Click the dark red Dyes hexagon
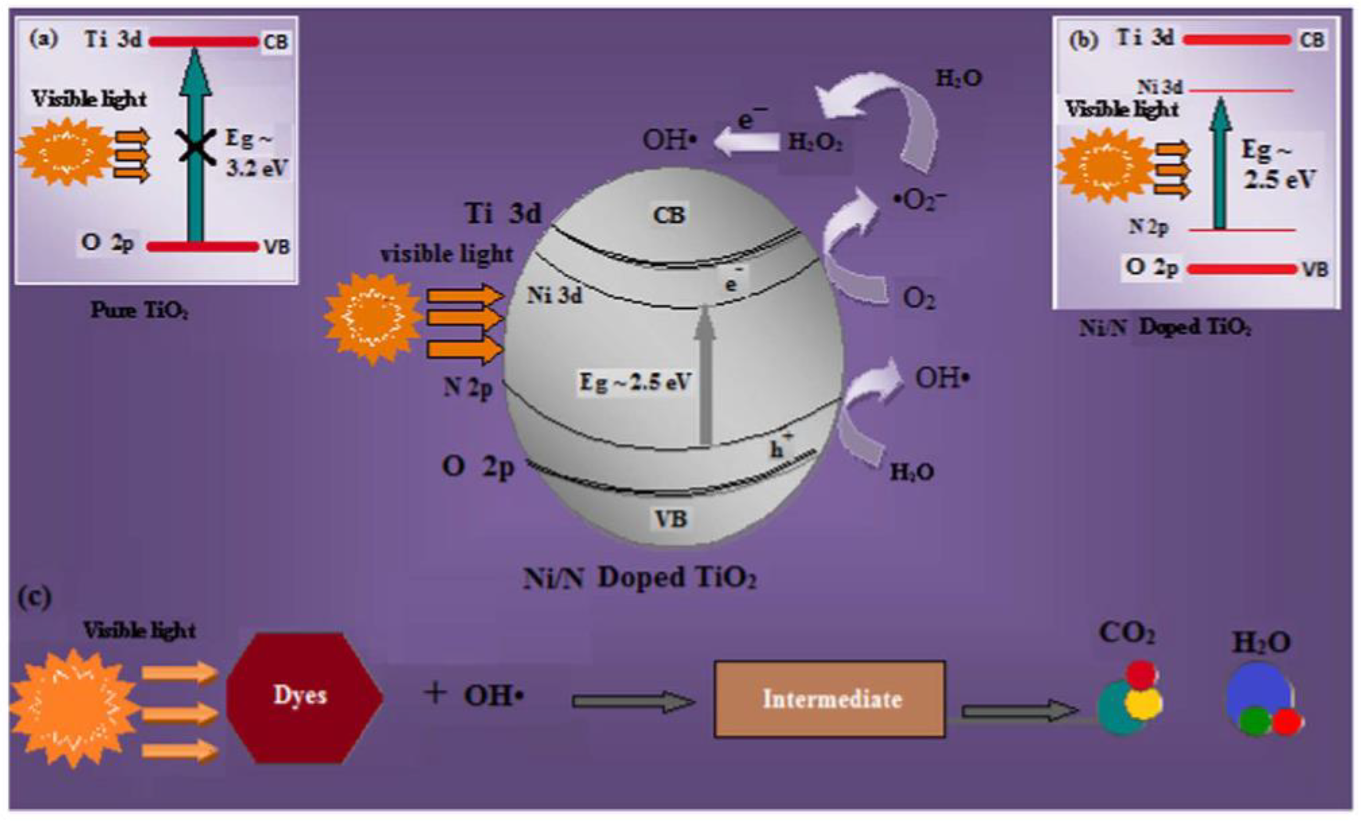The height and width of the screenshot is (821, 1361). coord(304,697)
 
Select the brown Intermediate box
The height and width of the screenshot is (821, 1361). coord(830,699)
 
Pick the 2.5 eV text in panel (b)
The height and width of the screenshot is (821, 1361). coord(1279,179)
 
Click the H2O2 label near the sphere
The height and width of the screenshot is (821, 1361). coord(815,142)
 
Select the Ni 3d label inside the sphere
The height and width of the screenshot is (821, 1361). coord(554,296)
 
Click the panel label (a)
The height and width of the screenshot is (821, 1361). coord(44,39)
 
